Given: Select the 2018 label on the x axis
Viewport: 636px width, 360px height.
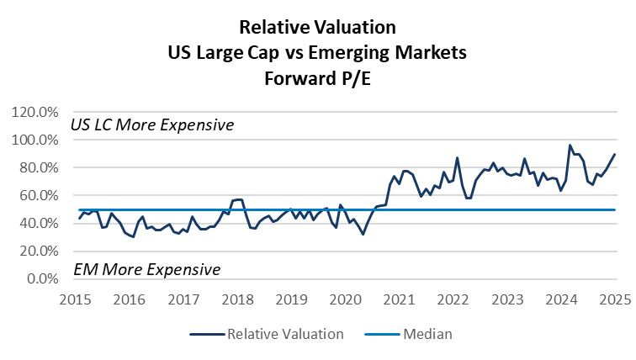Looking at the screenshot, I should pyautogui.click(x=238, y=299).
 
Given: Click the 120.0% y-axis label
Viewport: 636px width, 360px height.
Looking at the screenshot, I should pyautogui.click(x=34, y=112).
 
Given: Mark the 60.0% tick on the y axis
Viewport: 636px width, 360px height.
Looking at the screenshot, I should pyautogui.click(x=38, y=195).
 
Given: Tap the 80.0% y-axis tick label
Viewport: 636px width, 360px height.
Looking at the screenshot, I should pyautogui.click(x=38, y=167).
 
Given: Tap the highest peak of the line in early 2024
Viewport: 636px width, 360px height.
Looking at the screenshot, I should pyautogui.click(x=570, y=146).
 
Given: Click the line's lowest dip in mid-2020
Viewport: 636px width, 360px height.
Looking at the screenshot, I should pyautogui.click(x=363, y=234).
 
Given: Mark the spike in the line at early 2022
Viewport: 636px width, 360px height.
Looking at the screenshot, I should pyautogui.click(x=457, y=157).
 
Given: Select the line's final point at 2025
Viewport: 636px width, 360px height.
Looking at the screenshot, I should pyautogui.click(x=615, y=154).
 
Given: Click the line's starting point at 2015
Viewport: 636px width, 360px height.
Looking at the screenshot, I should pyautogui.click(x=79, y=219).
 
